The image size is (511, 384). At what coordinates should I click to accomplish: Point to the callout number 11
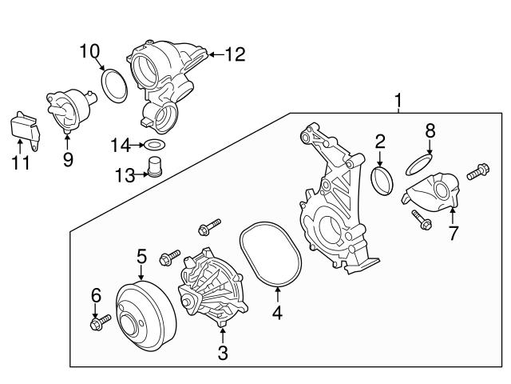click(20, 162)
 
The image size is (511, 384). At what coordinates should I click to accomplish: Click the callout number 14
click(120, 145)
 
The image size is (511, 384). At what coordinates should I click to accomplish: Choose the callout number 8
click(430, 129)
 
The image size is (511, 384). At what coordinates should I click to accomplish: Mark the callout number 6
click(96, 296)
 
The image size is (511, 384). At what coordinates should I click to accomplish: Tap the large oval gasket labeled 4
click(272, 254)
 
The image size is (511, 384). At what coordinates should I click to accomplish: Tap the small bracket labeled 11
click(24, 127)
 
